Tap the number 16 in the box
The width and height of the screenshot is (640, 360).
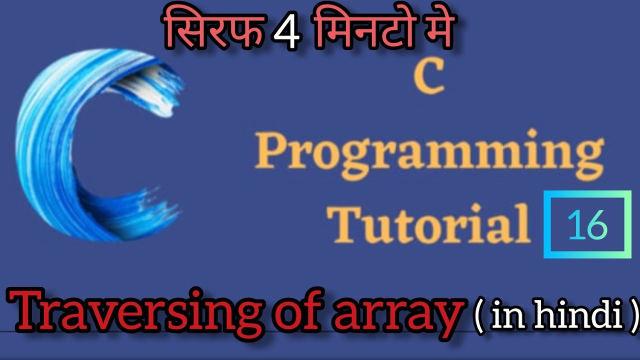pyautogui.click(x=587, y=226)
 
